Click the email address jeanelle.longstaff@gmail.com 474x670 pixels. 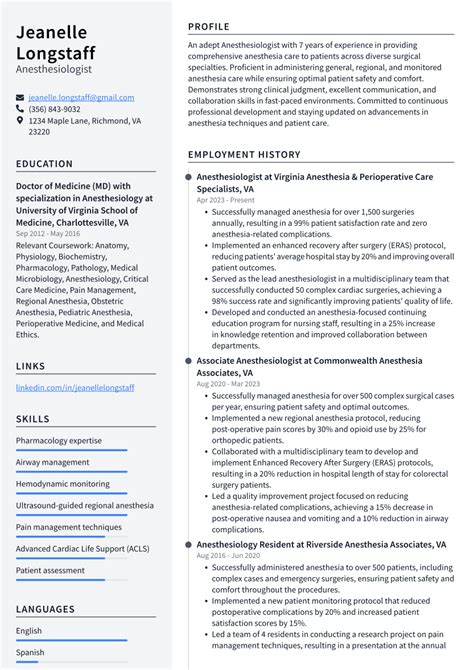81,97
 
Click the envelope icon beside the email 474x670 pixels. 20,97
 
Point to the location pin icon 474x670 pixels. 20,120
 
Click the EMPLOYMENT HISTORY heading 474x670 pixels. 244,155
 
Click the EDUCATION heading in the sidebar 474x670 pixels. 44,163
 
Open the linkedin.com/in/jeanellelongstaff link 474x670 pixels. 75,387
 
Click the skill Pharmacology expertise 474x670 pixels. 59,440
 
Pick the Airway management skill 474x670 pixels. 52,462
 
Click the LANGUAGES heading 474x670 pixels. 45,609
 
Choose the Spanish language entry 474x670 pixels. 30,652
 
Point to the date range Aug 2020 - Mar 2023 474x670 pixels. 230,383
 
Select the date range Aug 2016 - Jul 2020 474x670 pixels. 228,555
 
